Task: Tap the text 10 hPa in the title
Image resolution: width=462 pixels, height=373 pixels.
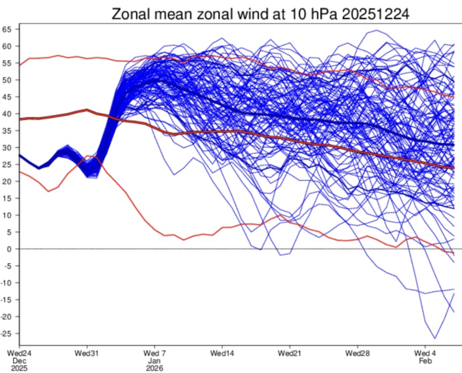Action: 311,14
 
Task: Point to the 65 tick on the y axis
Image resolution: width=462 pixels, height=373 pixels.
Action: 7,29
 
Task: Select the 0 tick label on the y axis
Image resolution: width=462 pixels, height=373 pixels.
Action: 9,249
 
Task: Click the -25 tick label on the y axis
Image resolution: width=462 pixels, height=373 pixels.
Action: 7,334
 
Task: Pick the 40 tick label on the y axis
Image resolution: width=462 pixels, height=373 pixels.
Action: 7,114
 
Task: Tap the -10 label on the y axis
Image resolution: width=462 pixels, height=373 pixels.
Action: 7,283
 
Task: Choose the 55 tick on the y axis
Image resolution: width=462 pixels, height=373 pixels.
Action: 7,63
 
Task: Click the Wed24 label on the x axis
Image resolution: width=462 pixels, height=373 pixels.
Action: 20,353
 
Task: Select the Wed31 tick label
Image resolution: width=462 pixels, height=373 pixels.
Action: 86,353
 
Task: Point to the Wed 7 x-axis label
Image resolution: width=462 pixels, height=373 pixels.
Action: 154,353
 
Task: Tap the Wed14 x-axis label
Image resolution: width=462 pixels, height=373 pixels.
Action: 222,353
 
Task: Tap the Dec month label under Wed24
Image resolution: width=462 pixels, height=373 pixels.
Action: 19,361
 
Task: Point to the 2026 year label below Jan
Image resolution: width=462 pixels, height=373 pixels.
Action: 154,368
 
